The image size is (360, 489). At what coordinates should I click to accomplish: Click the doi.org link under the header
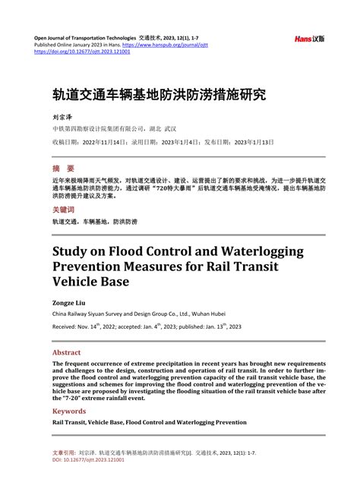(x=82, y=52)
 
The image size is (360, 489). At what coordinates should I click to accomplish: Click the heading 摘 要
(x=63, y=168)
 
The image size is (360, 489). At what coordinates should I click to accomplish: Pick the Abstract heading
(x=66, y=352)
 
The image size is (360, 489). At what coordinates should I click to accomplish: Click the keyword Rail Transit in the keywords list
(x=69, y=421)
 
